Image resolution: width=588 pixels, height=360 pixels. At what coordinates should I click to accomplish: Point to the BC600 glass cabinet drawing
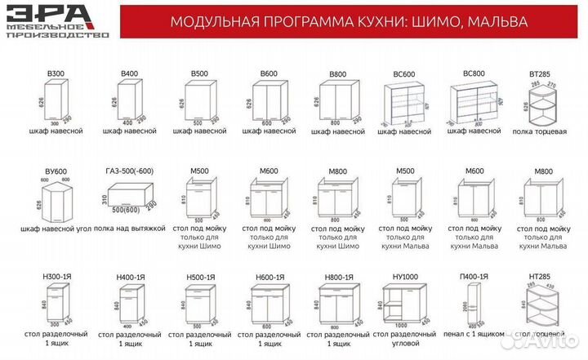(407, 104)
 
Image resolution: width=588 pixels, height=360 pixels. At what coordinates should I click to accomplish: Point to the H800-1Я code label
(337, 278)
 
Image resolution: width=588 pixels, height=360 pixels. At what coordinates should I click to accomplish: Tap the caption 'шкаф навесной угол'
(56, 229)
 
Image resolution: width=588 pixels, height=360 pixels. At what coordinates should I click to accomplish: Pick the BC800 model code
(474, 73)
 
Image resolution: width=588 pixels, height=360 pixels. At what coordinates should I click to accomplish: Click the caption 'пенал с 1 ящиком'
(474, 335)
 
